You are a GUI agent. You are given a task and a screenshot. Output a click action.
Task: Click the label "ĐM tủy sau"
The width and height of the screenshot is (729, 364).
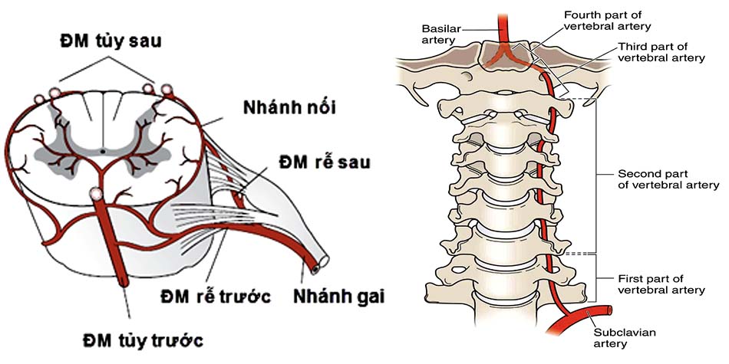coord(112,41)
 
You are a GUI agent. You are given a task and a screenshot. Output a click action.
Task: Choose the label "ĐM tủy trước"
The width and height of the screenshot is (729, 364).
coord(146,338)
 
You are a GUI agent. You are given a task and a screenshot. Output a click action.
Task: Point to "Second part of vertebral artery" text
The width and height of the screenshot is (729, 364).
coord(668,179)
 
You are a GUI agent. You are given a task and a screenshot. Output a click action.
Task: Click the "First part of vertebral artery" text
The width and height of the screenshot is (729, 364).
coord(661,284)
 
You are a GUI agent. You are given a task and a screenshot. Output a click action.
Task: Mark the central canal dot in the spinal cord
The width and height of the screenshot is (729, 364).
coord(104,151)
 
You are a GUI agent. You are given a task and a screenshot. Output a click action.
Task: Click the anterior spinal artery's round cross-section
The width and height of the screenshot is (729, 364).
coord(96,194)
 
